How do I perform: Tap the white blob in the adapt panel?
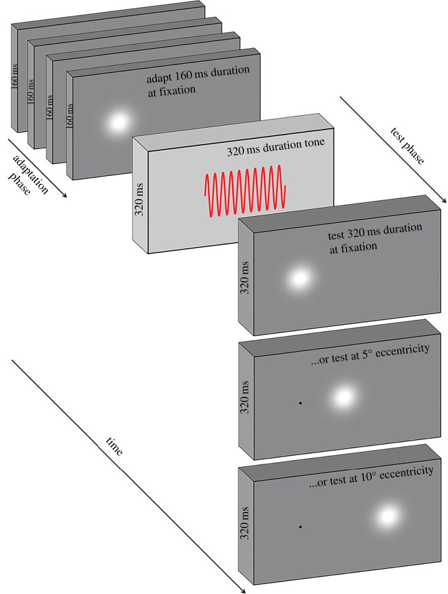coord(118,122)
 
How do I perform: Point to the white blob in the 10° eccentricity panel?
coord(387,516)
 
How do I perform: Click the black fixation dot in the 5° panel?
coord(301,403)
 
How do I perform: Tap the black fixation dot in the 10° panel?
coord(301,527)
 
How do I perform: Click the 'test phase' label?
coord(407,146)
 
